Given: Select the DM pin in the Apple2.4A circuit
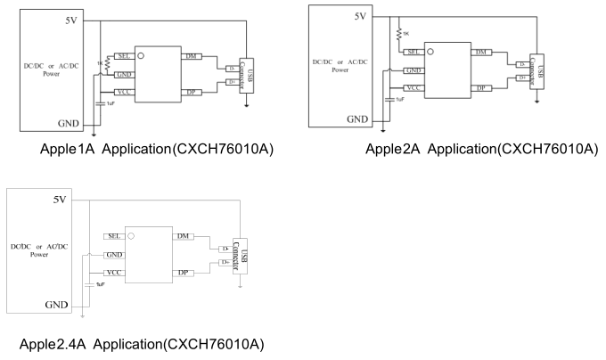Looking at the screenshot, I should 183,235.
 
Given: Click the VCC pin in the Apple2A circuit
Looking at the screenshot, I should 414,88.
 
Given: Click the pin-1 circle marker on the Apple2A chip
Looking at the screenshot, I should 431,52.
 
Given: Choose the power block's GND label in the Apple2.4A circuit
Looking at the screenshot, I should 56,304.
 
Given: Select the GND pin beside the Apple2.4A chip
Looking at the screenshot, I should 113,255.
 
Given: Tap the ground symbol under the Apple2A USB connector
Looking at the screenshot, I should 536,100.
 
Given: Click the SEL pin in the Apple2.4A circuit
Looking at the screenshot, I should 113,235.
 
